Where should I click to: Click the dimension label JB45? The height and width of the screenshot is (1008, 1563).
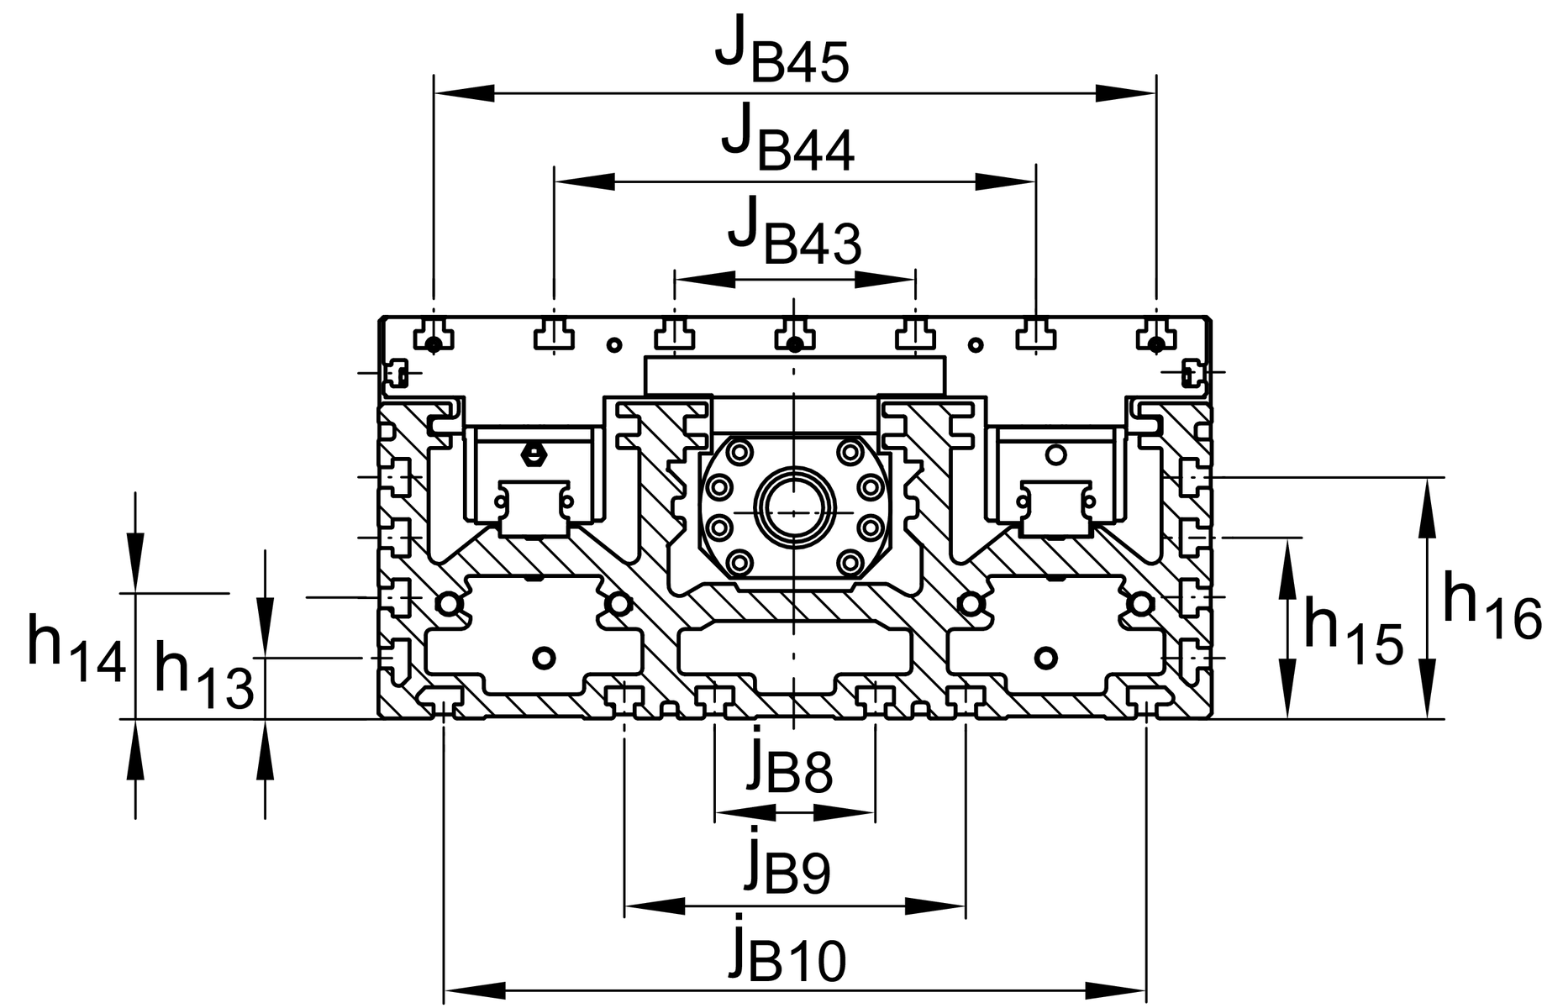(781, 55)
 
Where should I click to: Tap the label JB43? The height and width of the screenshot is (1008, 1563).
(794, 235)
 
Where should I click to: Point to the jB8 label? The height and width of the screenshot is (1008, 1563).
(788, 763)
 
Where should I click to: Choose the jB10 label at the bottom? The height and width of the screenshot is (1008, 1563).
(787, 954)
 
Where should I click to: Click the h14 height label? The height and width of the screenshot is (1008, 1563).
(76, 648)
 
